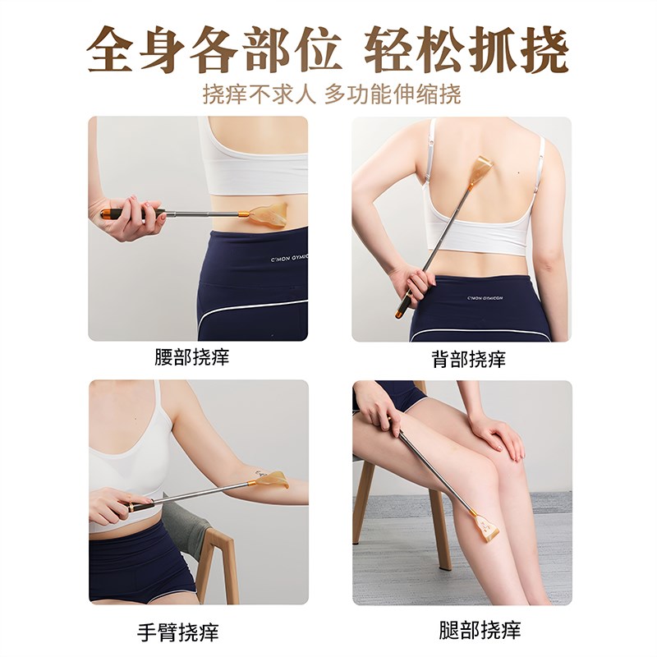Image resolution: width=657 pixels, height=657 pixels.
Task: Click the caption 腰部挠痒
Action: click(191, 358)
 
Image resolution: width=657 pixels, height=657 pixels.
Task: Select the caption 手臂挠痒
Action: click(179, 632)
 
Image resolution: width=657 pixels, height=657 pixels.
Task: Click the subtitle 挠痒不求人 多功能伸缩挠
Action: click(332, 94)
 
